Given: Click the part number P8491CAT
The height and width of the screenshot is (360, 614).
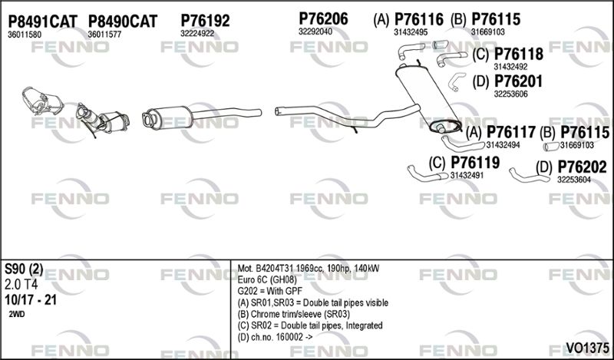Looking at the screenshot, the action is click(43, 21).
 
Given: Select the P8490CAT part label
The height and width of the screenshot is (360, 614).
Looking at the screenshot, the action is click(123, 21).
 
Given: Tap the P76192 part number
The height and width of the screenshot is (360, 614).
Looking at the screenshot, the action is click(205, 21).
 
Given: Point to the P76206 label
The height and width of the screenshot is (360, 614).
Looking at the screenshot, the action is click(323, 18).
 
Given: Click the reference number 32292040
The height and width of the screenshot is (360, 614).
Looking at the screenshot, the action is click(315, 31).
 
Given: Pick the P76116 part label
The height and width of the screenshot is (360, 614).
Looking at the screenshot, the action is click(418, 19).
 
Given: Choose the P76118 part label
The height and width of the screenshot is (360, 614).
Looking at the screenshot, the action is click(519, 54).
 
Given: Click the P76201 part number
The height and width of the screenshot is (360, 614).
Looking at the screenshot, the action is click(519, 81).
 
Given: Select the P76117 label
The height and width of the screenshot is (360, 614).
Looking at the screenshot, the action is click(510, 132).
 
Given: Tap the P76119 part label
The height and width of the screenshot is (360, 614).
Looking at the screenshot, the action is click(475, 162).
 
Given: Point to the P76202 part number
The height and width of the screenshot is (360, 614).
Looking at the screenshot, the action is click(582, 167).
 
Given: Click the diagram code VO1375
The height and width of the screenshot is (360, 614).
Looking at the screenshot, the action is click(587, 348).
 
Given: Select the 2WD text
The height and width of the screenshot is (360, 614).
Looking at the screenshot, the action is click(16, 315).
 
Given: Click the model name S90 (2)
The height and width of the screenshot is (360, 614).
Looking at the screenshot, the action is click(24, 269).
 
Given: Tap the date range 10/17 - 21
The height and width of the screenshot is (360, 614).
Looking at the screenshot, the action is click(31, 300).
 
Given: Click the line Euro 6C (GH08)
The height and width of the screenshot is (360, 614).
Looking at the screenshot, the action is click(267, 280).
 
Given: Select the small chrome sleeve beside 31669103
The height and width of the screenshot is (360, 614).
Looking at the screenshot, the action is click(550, 147).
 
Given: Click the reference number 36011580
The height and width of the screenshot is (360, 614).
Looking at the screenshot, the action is click(25, 35).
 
